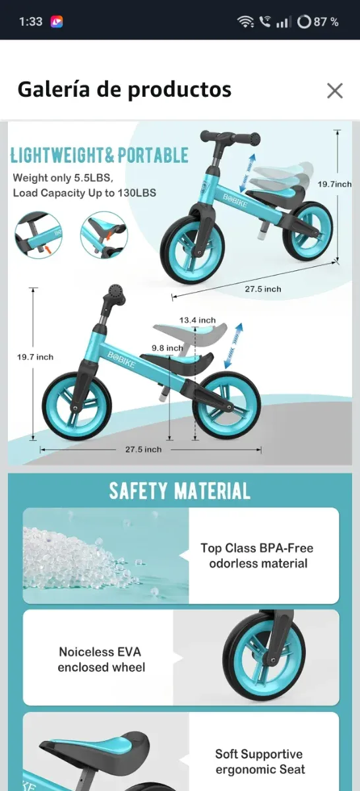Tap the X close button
(x=335, y=91)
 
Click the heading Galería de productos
(x=124, y=90)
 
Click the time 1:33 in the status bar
(x=30, y=22)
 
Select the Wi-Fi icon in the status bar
(x=245, y=22)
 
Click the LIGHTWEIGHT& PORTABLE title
(x=100, y=156)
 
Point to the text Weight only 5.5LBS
(x=63, y=178)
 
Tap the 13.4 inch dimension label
(x=197, y=320)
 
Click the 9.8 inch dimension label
(x=167, y=348)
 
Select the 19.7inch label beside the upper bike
(x=334, y=185)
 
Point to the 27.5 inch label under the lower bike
(x=143, y=450)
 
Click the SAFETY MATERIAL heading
(x=179, y=491)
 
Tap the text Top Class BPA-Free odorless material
(x=256, y=556)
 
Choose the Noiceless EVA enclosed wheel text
(x=101, y=659)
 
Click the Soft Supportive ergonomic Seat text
(x=258, y=761)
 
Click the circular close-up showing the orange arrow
(x=38, y=235)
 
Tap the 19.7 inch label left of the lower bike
(x=35, y=357)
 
